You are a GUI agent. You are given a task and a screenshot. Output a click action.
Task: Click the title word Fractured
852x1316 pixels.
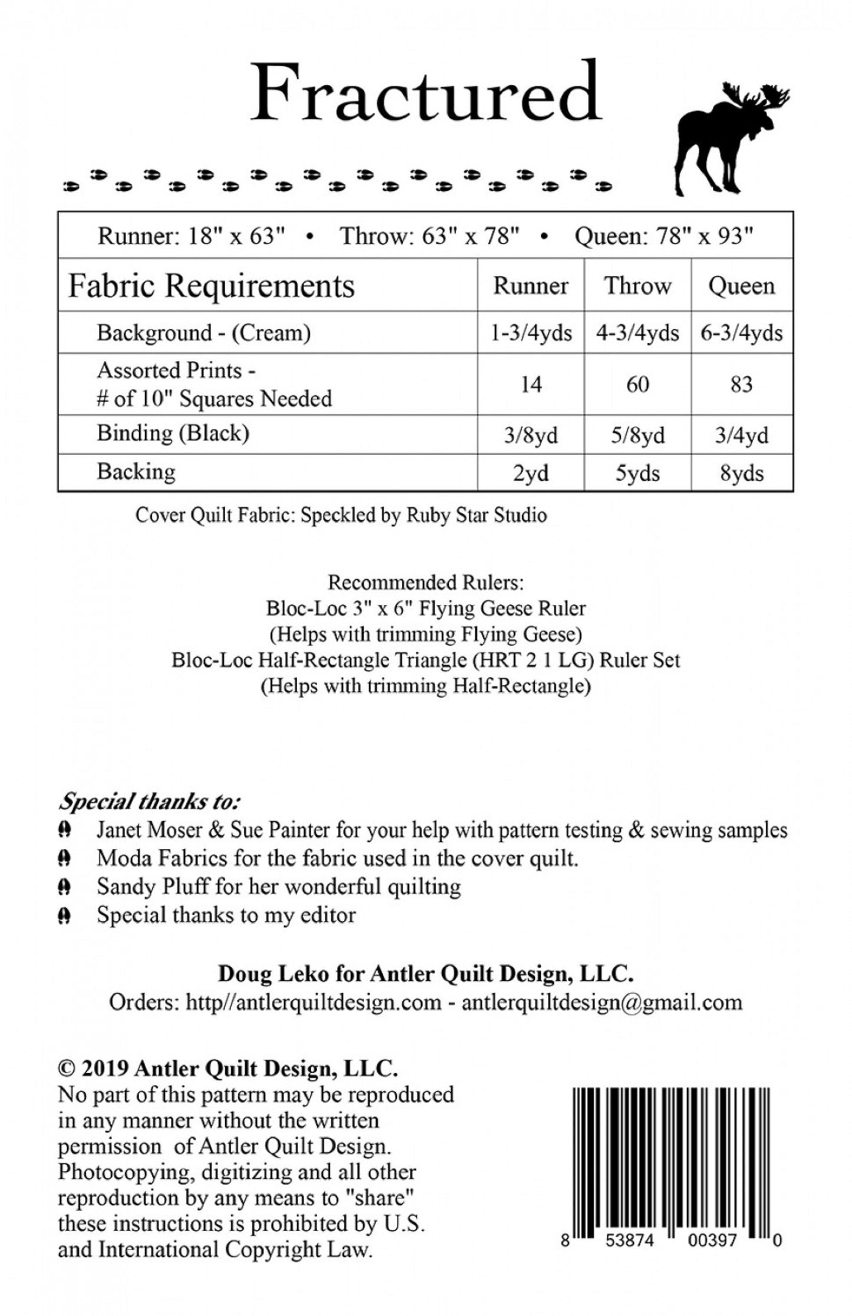pos(426,94)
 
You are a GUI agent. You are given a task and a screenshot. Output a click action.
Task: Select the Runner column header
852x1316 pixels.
pos(531,286)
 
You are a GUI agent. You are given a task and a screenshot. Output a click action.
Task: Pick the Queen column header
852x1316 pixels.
pos(741,286)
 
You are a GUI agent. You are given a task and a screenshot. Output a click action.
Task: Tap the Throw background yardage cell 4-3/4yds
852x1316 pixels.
pos(637,333)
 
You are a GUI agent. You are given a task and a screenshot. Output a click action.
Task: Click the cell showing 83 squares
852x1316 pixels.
pos(741,385)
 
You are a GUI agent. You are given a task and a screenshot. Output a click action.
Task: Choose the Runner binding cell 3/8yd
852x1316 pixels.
pos(531,435)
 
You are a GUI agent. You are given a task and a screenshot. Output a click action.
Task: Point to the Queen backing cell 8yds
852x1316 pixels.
pos(741,473)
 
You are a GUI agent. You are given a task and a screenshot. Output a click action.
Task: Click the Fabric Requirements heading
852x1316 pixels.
pos(212,286)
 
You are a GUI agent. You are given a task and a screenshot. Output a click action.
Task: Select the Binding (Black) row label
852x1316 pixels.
pos(173,434)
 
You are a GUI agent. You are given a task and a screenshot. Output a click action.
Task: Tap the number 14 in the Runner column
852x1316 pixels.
pos(531,385)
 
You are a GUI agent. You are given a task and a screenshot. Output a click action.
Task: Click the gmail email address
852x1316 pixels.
pos(601,1003)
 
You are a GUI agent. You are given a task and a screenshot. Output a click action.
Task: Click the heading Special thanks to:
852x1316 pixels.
pos(149,802)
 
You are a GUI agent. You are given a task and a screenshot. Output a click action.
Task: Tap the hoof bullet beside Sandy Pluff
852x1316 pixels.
pos(65,887)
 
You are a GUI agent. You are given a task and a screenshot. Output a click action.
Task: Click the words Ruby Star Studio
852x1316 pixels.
pos(476,515)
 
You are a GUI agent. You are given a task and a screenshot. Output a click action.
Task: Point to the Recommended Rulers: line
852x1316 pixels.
pos(426,583)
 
